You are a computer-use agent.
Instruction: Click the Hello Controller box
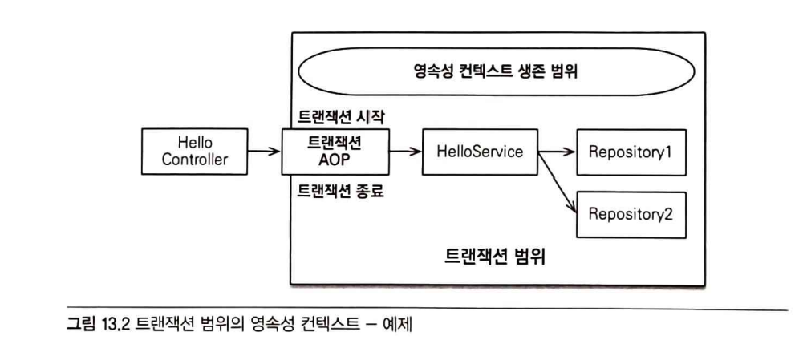tap(194, 151)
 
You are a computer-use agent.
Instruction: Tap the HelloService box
tap(480, 151)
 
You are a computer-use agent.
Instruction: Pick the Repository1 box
tap(631, 152)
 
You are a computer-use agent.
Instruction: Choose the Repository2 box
tap(631, 214)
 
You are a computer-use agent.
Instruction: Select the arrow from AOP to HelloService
tap(406, 151)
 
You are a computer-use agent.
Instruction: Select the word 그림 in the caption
tap(81, 326)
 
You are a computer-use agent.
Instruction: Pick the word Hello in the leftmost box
tap(195, 143)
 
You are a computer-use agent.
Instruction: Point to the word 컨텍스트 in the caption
tap(331, 326)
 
